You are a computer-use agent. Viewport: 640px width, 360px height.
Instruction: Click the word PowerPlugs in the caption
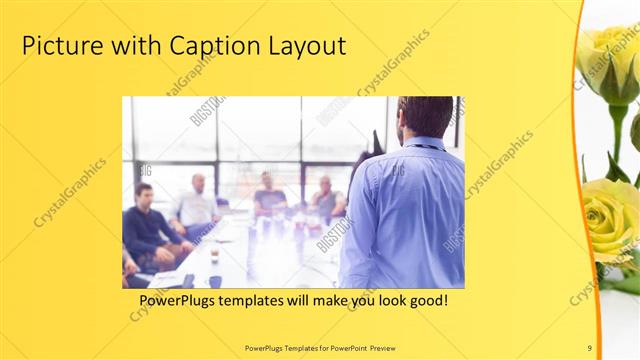pyautogui.click(x=179, y=299)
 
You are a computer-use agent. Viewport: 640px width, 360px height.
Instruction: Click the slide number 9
pyautogui.click(x=589, y=347)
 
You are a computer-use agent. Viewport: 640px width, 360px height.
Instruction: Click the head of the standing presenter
pyautogui.click(x=424, y=118)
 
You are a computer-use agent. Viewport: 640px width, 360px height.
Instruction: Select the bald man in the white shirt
pyautogui.click(x=197, y=205)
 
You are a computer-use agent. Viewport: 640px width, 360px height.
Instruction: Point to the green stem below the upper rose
pyautogui.click(x=617, y=135)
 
